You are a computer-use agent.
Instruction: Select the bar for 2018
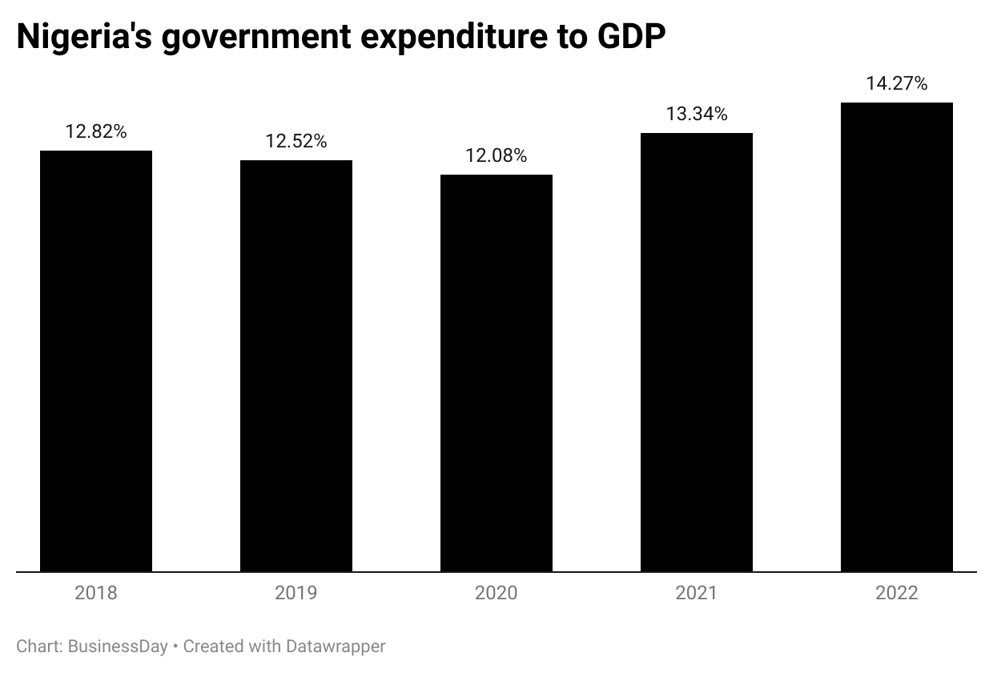pos(96,361)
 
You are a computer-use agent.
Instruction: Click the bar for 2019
pos(296,365)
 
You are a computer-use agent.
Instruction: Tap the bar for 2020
pos(496,373)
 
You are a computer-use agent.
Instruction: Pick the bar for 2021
pos(697,352)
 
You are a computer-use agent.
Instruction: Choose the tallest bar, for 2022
pos(897,336)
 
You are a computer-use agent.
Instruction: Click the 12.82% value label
pos(96,132)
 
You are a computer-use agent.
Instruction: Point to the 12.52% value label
pos(296,142)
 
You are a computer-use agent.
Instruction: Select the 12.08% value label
pos(496,156)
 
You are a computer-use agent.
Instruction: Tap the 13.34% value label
pos(697,115)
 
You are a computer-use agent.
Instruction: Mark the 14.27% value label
pos(897,84)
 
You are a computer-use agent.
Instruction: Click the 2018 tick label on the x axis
pos(96,594)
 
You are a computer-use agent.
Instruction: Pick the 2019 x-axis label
pos(296,594)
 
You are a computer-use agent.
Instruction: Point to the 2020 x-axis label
pos(496,594)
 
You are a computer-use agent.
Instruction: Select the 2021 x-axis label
pos(697,594)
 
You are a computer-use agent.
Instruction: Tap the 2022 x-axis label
pos(897,594)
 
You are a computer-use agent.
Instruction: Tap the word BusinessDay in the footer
pos(118,647)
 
